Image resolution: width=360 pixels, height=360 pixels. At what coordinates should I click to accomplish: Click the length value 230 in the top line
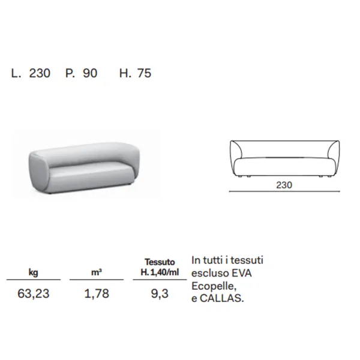[x=40, y=73]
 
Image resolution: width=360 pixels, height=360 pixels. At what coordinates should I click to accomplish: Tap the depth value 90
[x=90, y=73]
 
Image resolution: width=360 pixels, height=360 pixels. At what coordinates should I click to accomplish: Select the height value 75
[x=144, y=73]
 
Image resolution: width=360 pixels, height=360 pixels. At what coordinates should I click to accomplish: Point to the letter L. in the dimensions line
[x=16, y=73]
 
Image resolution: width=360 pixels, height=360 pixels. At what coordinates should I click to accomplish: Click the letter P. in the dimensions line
[x=70, y=73]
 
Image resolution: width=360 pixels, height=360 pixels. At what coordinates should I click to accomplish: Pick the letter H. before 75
[x=125, y=73]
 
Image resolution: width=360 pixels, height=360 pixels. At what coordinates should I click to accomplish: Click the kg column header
[x=34, y=272]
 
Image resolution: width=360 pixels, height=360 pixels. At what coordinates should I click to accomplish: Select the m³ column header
[x=97, y=272]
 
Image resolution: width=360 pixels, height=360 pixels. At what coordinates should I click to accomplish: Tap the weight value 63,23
[x=34, y=293]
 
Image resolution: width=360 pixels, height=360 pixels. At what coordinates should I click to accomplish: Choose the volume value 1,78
[x=97, y=293]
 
